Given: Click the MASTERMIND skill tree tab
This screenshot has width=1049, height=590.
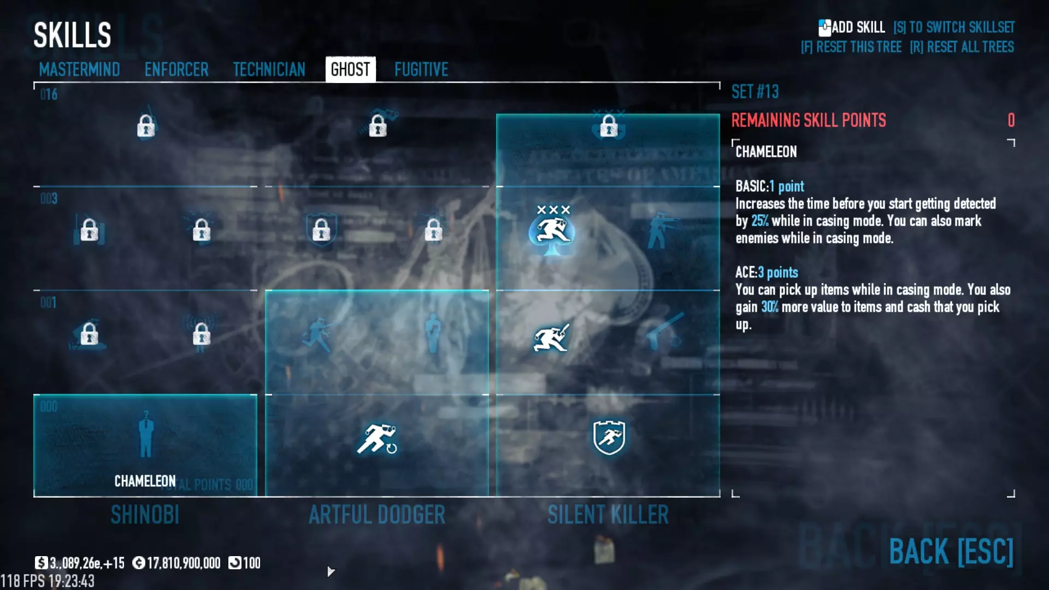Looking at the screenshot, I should click(79, 69).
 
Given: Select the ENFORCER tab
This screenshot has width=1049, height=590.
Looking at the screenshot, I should click(176, 69).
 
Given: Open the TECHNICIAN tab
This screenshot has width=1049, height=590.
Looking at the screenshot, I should click(269, 69).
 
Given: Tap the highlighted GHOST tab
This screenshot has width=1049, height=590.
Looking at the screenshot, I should click(350, 69).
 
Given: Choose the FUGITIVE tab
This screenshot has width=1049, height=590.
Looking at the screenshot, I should click(421, 69).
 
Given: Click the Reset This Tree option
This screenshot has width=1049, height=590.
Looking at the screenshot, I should click(851, 47).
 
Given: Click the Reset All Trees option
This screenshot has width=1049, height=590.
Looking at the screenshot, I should click(962, 47).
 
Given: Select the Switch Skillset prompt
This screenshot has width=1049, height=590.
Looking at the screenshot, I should click(954, 27).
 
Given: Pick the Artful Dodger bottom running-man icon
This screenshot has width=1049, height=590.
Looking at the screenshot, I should click(377, 439).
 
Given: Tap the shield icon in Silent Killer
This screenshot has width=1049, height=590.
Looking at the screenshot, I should click(609, 437).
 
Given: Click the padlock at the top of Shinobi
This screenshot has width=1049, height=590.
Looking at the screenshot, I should click(146, 126).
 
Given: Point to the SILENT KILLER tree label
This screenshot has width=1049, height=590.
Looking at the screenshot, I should click(608, 515).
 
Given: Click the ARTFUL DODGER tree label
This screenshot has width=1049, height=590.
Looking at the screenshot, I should click(377, 515).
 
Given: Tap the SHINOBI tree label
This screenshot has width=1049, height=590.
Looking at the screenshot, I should click(145, 515).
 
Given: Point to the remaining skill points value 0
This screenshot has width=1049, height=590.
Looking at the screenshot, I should click(1011, 120).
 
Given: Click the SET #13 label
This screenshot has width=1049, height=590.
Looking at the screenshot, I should click(755, 92).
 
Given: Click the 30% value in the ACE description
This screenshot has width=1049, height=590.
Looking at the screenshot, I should click(769, 307).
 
